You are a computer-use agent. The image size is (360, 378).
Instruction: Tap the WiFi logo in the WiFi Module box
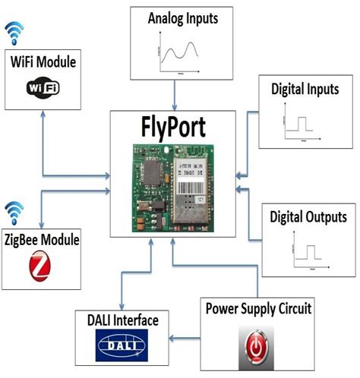pyautogui.click(x=43, y=87)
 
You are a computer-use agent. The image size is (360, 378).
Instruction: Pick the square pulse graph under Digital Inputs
pyautogui.click(x=305, y=127)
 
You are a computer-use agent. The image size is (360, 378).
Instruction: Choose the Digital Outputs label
pyautogui.click(x=308, y=216)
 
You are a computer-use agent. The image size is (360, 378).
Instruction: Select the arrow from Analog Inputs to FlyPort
pyautogui.click(x=176, y=94)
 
